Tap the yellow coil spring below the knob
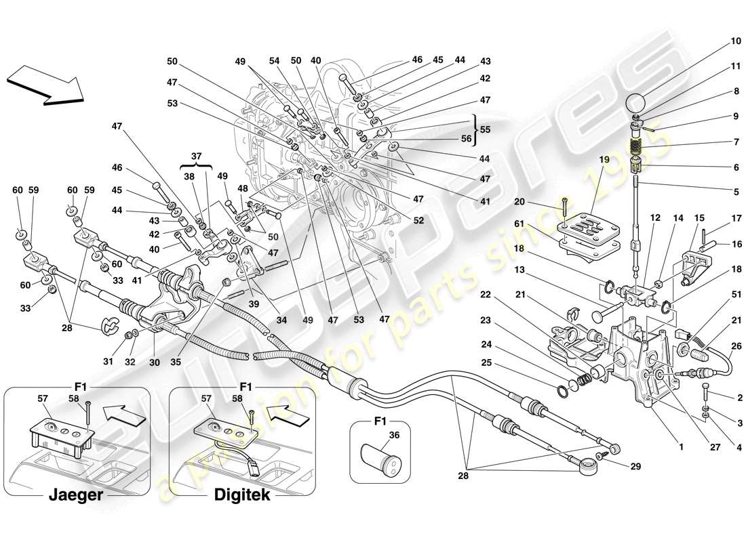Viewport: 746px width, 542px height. [635, 146]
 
